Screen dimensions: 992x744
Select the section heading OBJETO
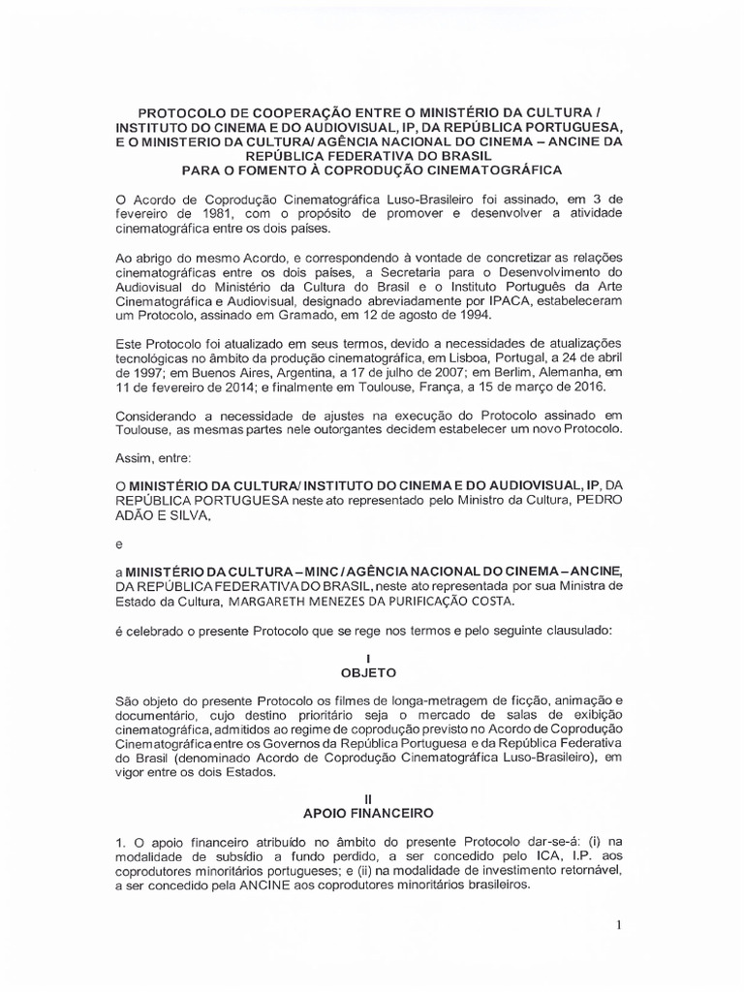tap(372, 670)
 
